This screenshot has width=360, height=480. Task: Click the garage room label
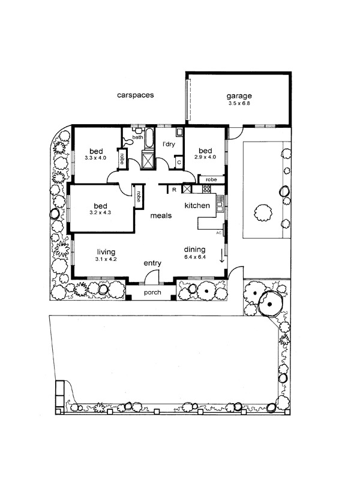click(x=239, y=96)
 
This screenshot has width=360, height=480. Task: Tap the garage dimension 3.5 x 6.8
click(x=239, y=103)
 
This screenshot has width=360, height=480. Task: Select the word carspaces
click(x=136, y=95)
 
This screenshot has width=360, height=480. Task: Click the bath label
click(x=137, y=137)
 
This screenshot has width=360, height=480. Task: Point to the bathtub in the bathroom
click(x=149, y=139)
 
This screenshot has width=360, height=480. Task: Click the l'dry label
click(x=169, y=144)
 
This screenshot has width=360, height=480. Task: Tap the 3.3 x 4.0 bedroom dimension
click(x=95, y=158)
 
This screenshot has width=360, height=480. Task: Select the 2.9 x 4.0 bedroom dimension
click(x=205, y=157)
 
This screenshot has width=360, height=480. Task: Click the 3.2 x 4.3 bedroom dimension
click(x=100, y=213)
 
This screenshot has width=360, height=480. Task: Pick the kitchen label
click(x=197, y=206)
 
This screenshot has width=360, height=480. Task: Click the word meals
click(x=161, y=216)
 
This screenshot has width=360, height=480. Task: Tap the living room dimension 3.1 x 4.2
click(x=106, y=259)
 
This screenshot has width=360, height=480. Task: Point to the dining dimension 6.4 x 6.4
click(x=195, y=257)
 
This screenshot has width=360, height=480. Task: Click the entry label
click(x=152, y=263)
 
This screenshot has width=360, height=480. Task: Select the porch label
click(x=152, y=293)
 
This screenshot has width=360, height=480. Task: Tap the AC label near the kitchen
click(x=218, y=233)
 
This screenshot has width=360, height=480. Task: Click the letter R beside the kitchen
click(x=174, y=190)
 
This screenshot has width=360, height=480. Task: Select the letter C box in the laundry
click(x=179, y=163)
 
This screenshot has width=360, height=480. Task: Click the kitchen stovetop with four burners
click(x=206, y=189)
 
